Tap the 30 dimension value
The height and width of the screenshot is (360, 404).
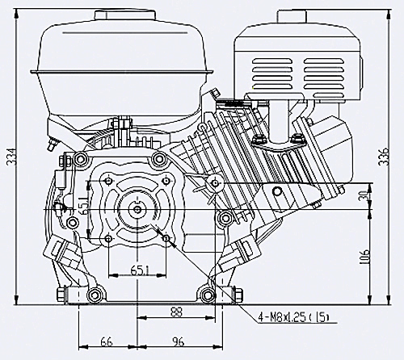pos(364,195)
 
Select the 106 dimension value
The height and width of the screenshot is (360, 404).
pos(364,257)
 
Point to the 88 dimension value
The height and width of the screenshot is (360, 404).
pos(176,312)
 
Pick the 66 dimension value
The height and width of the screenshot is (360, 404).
pos(107,342)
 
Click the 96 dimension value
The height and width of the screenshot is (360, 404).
pos(178,342)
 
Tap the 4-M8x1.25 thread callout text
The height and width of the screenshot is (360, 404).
pos(294,318)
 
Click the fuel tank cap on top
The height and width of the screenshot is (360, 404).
pos(125,15)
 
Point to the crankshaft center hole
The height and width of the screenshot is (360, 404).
pos(137,209)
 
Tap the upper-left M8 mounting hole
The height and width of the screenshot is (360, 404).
pos(108,181)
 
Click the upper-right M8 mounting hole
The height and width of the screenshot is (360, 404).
pos(166,181)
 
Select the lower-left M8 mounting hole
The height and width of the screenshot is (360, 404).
pos(108,238)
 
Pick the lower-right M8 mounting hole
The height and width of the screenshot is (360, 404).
pos(166,238)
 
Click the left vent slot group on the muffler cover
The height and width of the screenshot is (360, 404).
pos(272,73)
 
